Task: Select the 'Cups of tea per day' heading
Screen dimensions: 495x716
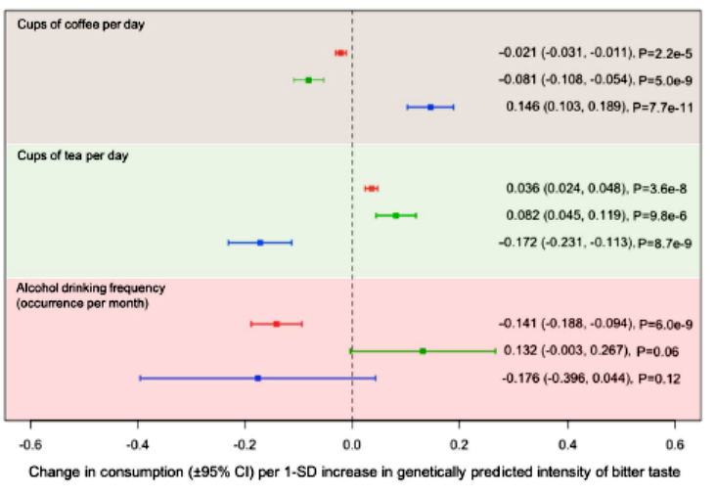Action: pos(73,155)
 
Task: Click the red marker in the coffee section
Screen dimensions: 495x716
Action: pos(340,52)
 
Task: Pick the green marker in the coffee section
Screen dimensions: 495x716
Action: pos(309,79)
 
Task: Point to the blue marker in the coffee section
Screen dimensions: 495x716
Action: pos(430,107)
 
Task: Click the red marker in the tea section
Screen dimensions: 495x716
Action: pos(372,188)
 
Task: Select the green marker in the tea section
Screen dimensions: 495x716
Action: pos(396,215)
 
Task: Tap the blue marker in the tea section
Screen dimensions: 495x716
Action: pos(260,242)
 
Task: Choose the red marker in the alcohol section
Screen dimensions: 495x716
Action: pos(277,323)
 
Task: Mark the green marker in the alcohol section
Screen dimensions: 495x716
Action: pos(423,350)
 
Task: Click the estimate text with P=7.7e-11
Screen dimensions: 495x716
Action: pos(599,107)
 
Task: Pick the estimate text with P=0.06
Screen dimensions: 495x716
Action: pos(599,350)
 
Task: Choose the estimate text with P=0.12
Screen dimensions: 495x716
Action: pos(599,378)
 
